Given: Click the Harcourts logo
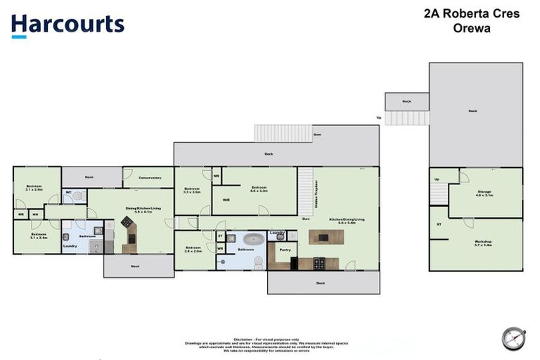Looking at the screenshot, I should point(67,25).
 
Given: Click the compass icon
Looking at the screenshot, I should point(513,338).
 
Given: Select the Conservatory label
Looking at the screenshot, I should point(149,178).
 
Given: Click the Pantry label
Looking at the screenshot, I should point(285,250).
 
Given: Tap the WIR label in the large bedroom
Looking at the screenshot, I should point(226,200).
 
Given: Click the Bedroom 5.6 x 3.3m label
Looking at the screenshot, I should point(259,188).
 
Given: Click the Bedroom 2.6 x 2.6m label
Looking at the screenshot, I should point(193,250).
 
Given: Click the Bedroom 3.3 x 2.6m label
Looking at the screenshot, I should point(193,190).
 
